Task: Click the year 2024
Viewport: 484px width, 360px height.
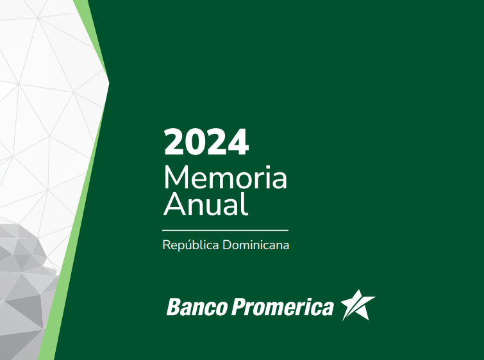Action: click(x=206, y=142)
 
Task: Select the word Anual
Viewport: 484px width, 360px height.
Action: click(x=206, y=204)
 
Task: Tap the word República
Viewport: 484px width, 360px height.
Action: click(x=190, y=245)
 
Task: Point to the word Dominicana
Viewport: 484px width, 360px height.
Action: click(x=256, y=245)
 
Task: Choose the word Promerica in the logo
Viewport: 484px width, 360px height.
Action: click(x=283, y=307)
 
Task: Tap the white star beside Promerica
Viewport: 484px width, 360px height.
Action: click(x=358, y=306)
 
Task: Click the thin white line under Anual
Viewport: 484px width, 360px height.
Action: click(x=225, y=230)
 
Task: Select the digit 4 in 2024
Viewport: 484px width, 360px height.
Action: click(x=238, y=142)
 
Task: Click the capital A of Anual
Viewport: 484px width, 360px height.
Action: click(x=174, y=204)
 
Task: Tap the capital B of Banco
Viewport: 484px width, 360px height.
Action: click(x=174, y=306)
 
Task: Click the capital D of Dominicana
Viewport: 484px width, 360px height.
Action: click(x=228, y=245)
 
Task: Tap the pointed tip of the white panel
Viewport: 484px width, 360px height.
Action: click(x=108, y=83)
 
